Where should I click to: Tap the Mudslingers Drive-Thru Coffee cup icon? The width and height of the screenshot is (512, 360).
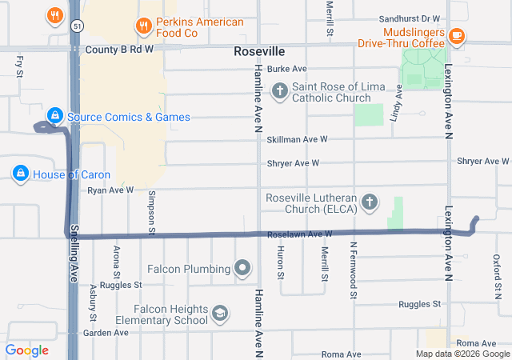click(457, 35)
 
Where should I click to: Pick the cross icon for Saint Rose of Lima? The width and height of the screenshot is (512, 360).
click(280, 91)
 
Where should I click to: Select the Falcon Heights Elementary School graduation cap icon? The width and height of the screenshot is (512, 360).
click(220, 314)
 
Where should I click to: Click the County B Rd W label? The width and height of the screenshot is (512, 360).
click(118, 49)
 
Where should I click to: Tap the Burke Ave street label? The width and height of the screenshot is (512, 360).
click(287, 70)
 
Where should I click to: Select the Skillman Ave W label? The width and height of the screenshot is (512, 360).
click(298, 139)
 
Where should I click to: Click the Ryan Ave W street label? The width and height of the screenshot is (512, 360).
click(110, 190)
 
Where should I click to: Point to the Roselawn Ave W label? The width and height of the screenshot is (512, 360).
click(300, 234)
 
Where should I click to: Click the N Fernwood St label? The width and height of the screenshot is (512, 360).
click(353, 270)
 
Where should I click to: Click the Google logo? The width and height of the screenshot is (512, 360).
click(27, 350)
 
